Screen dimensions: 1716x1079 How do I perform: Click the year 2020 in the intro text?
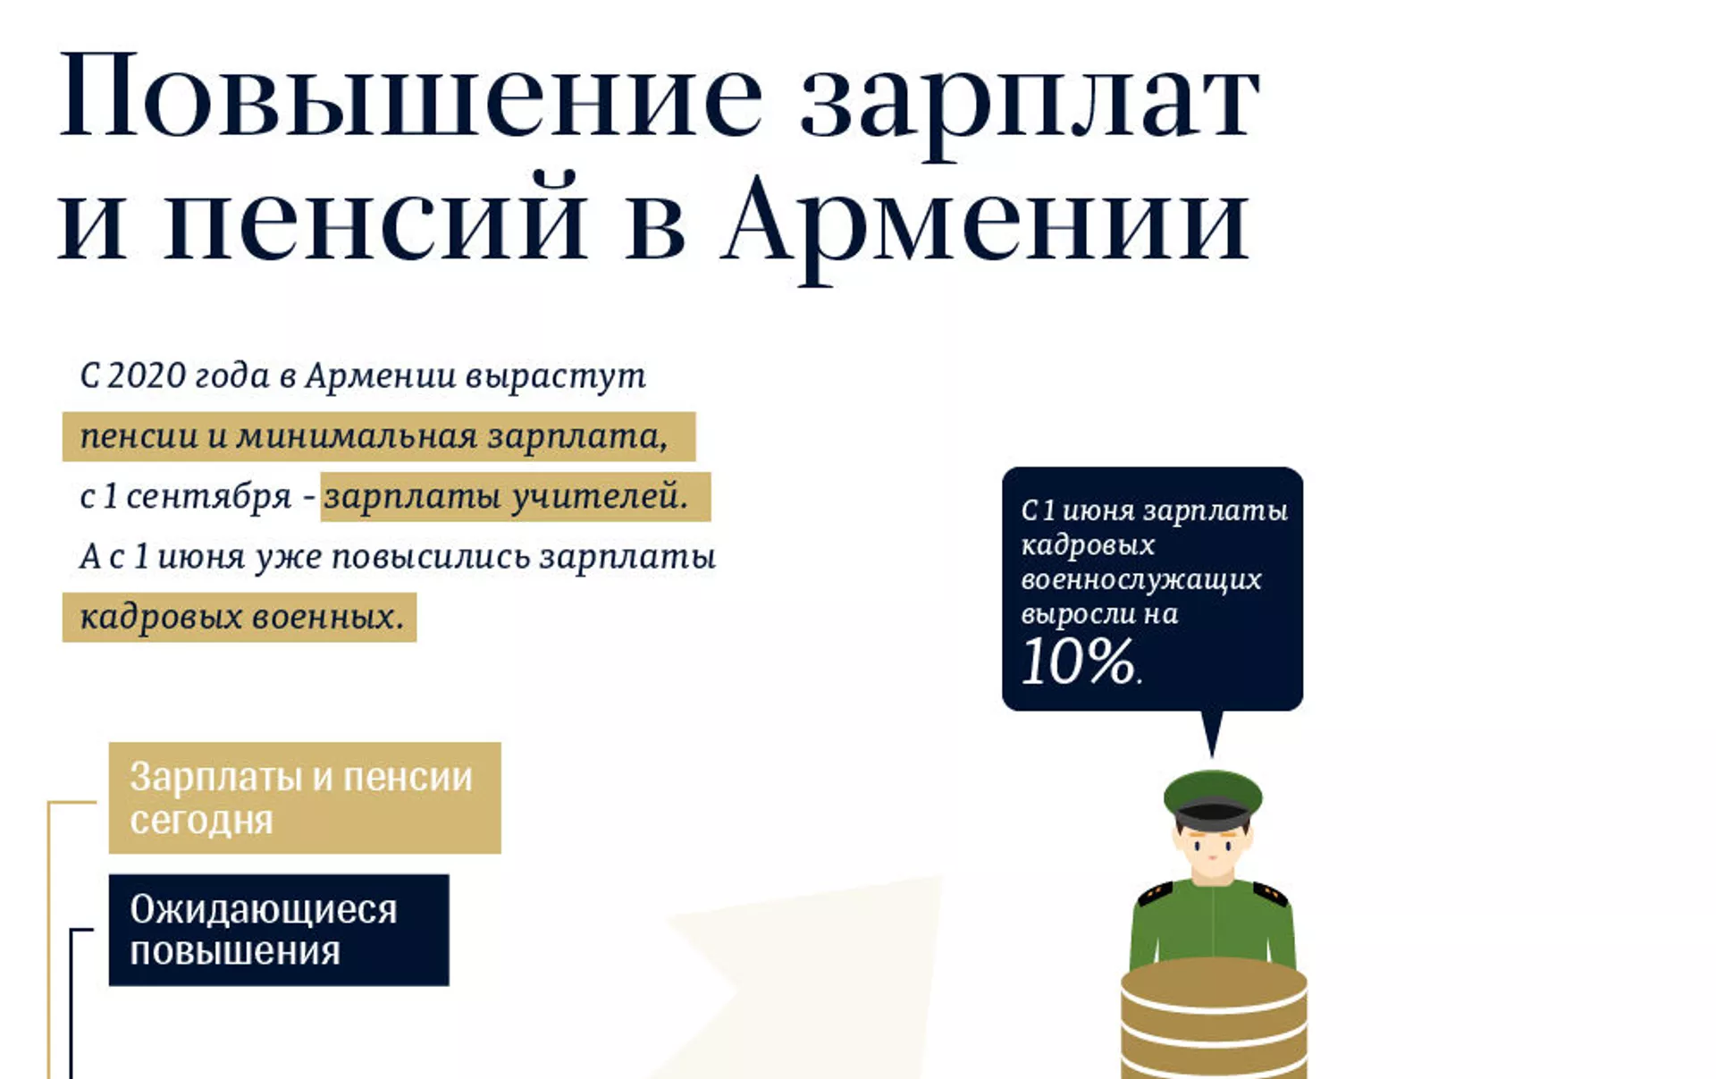pos(146,375)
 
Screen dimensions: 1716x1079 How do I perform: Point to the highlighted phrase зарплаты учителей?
pos(506,496)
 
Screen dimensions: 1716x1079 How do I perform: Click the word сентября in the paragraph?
pos(209,497)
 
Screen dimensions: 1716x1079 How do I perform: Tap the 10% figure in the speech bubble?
pos(1080,662)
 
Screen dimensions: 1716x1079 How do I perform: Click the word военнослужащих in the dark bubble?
pos(1140,579)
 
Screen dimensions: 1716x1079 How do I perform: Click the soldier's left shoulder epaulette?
pos(1155,892)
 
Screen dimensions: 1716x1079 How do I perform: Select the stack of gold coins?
pos(1214,1019)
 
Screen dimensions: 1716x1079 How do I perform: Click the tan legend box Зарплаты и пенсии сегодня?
pos(305,797)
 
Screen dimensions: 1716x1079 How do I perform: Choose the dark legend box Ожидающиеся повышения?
pos(279,930)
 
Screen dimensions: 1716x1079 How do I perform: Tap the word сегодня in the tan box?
pos(201,821)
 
